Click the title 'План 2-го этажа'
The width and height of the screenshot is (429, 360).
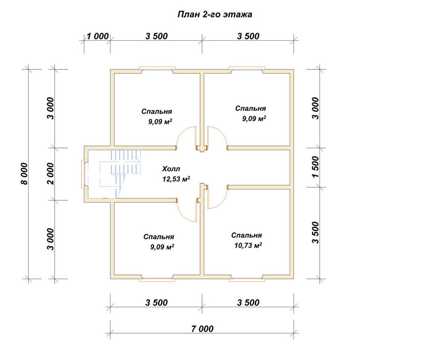pyautogui.click(x=215, y=14)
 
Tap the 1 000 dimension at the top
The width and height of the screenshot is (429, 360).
pyautogui.click(x=98, y=36)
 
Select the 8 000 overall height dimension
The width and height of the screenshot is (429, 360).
pyautogui.click(x=24, y=174)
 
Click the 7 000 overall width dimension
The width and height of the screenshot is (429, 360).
pyautogui.click(x=202, y=329)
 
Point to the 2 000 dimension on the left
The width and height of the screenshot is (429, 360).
pyautogui.click(x=51, y=174)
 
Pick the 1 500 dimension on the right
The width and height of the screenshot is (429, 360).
pyautogui.click(x=315, y=167)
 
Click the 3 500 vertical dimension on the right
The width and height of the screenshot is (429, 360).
pyautogui.click(x=315, y=233)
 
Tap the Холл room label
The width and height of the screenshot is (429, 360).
pyautogui.click(x=171, y=169)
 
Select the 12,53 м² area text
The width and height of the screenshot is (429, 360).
pyautogui.click(x=176, y=179)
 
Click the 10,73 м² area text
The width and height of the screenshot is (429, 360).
pyautogui.click(x=248, y=245)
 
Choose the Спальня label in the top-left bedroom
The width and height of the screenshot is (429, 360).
pyautogui.click(x=157, y=111)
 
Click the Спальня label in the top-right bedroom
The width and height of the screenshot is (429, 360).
pyautogui.click(x=251, y=108)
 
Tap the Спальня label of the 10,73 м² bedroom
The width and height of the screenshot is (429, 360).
pyautogui.click(x=246, y=235)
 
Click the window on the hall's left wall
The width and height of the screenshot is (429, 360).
pyautogui.click(x=83, y=174)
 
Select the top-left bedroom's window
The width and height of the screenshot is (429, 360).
pyautogui.click(x=157, y=69)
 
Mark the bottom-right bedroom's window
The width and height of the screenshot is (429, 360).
pyautogui.click(x=247, y=279)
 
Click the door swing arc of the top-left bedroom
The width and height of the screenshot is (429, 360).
pyautogui.click(x=182, y=132)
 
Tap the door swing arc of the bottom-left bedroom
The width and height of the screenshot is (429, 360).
pyautogui.click(x=183, y=215)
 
